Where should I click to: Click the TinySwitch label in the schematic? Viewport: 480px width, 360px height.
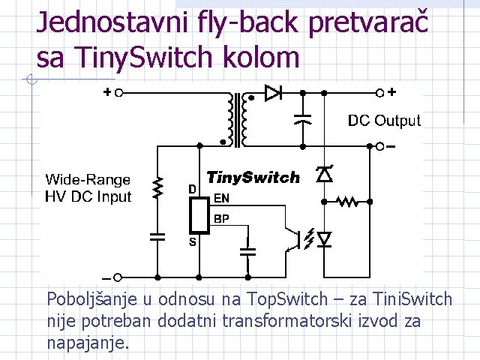coord(253,178)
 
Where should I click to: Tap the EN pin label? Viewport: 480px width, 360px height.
coord(222,199)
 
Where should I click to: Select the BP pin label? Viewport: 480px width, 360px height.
coord(222,219)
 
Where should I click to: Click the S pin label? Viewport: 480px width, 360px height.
coord(193,242)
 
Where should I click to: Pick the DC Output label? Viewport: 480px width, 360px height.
coord(384,120)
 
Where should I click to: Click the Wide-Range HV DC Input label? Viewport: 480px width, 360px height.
coord(88,188)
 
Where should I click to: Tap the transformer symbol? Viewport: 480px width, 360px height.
coord(236,119)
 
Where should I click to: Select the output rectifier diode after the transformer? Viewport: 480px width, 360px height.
coord(273,94)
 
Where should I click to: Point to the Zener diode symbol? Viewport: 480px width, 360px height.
coord(324,174)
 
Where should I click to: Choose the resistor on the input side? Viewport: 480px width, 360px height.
coord(157,188)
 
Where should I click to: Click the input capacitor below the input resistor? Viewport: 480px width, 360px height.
coord(157,237)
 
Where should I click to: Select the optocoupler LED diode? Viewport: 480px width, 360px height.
coord(324,239)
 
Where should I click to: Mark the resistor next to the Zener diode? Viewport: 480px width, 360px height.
coord(347,201)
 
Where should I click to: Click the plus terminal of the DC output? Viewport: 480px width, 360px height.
coord(380,93)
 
